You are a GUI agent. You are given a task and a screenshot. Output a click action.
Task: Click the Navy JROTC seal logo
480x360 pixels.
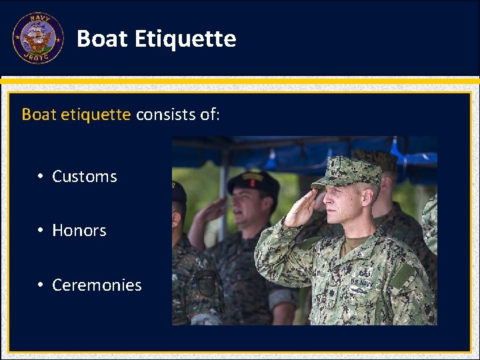pos(38,39)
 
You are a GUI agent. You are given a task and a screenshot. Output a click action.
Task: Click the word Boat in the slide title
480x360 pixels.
pos(102,39)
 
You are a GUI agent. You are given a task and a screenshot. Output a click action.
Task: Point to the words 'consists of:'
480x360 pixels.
pos(177,114)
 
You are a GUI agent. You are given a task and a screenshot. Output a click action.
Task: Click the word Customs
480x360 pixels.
pos(85,177)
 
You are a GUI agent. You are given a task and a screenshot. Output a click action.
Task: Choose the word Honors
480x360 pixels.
pos(79,231)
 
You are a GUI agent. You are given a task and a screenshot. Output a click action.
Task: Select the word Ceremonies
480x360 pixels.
pos(97,285)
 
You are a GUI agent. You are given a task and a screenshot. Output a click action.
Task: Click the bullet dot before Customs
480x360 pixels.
pos(41,177)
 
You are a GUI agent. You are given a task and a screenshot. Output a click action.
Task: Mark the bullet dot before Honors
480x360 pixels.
pos(41,231)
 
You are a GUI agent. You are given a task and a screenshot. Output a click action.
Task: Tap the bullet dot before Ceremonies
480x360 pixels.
pos(41,285)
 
